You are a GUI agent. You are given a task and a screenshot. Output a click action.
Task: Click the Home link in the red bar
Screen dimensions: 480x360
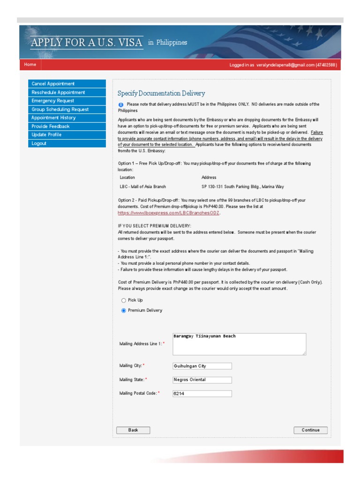pos(30,65)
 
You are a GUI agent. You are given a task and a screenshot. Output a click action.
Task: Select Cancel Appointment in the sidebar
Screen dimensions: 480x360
pos(53,83)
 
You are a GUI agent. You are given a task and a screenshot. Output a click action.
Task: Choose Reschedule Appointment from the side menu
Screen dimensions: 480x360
pos(58,92)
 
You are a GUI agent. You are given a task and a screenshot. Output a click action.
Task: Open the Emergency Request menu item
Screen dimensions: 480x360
pos(52,101)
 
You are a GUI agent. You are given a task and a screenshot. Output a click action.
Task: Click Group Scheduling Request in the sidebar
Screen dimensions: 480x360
pos(60,109)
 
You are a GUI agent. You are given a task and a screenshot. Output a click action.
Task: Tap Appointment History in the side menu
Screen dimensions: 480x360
pos(53,118)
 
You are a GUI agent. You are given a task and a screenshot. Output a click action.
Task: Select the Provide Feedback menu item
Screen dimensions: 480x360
pos(50,126)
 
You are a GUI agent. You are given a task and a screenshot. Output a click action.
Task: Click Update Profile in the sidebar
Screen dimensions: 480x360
pos(46,135)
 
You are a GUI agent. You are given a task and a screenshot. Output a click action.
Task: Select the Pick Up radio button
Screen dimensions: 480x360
pos(124,300)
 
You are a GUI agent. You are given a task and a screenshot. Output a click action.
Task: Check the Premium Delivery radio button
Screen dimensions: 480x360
pos(124,311)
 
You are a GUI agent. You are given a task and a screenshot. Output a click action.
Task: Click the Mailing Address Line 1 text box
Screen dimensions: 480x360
pos(239,344)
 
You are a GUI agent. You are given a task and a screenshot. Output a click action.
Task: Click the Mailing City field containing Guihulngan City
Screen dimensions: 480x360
pos(202,366)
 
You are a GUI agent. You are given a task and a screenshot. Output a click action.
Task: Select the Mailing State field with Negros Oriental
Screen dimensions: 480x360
pos(202,380)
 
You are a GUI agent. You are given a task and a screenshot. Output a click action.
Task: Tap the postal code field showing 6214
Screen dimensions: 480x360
pos(202,394)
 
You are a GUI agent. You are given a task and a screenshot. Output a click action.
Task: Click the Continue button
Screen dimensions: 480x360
pos(310,430)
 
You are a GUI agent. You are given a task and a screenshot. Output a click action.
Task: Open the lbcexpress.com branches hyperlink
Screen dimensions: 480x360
pos(168,213)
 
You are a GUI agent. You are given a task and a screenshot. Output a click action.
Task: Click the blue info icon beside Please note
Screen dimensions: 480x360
pos(121,105)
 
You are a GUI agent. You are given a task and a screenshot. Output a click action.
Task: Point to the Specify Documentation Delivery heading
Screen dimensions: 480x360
pos(161,94)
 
